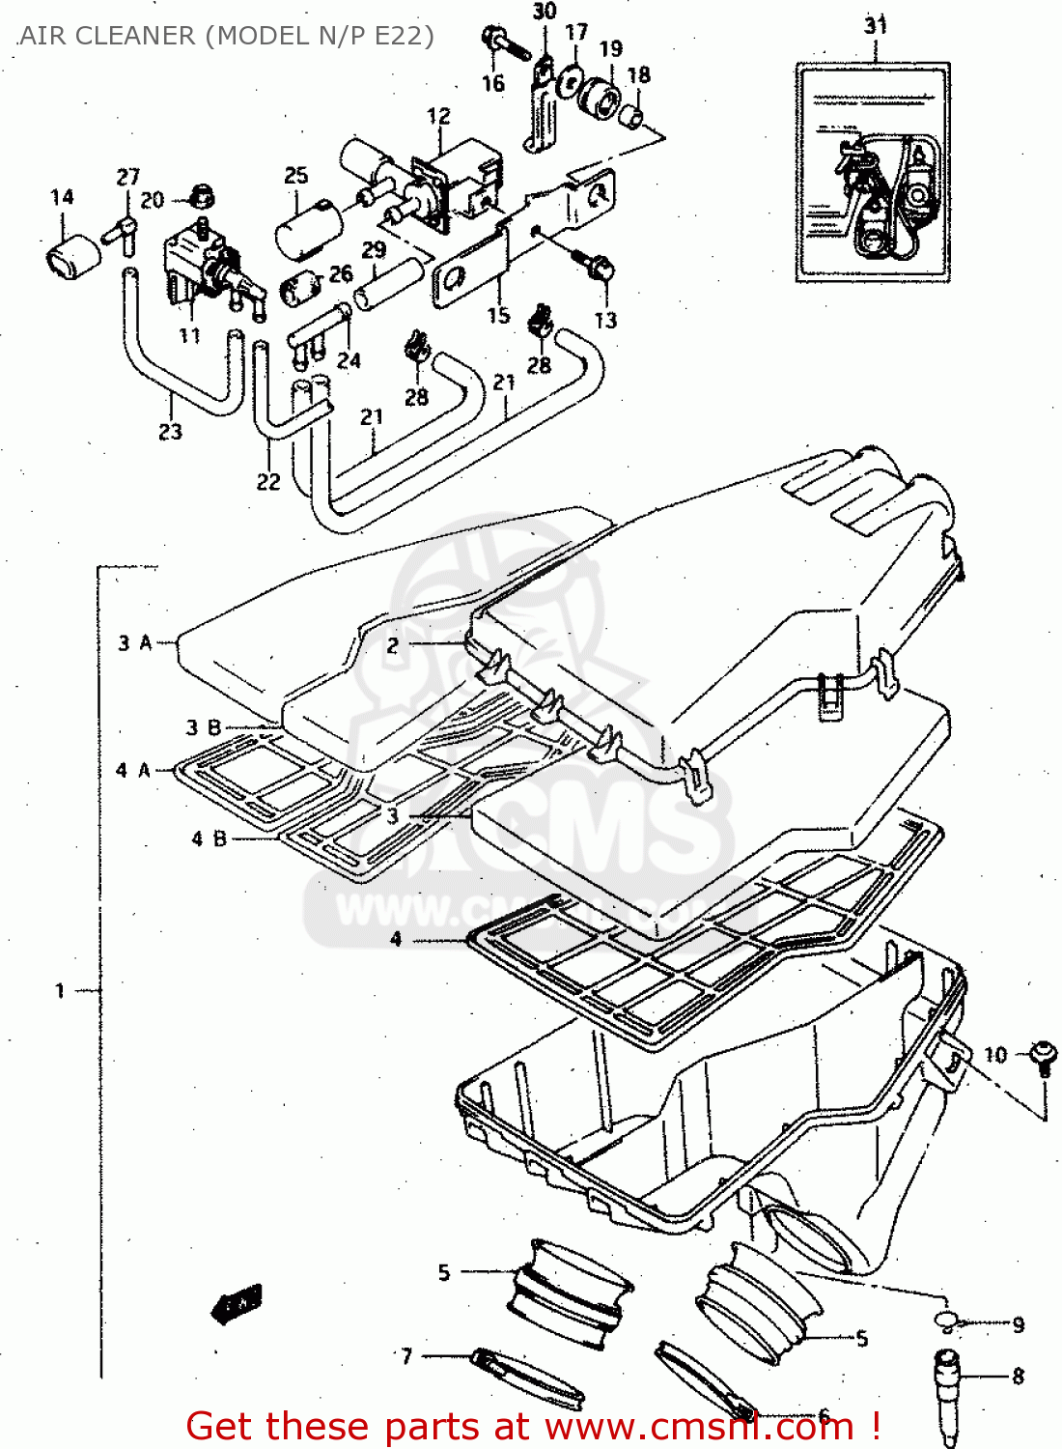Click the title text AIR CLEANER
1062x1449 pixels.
106,36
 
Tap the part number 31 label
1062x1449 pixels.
875,25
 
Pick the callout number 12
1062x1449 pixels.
438,116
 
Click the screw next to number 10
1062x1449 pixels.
1042,1055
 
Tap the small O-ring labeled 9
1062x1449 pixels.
946,1322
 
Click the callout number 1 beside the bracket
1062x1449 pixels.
60,990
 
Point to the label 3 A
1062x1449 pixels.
135,642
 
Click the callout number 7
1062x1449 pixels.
406,1356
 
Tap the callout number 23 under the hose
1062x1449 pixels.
170,432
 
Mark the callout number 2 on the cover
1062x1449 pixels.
392,645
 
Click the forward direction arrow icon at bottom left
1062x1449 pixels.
238,1303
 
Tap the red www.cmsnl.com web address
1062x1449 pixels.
700,1426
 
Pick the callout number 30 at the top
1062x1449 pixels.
545,12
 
